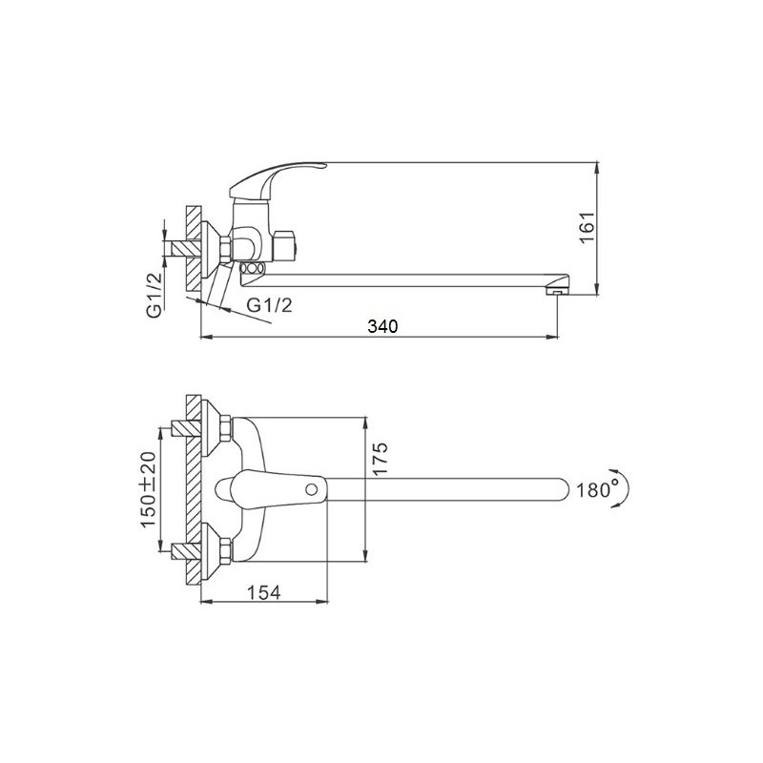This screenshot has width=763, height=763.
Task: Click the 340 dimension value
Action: (382, 326)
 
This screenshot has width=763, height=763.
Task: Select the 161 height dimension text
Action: (588, 227)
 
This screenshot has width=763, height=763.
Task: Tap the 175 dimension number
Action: (380, 460)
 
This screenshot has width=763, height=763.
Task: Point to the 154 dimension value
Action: (264, 592)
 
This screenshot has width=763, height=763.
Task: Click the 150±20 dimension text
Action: (149, 489)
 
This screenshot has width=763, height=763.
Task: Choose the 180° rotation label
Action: (593, 489)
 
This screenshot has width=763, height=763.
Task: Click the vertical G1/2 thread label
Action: (155, 296)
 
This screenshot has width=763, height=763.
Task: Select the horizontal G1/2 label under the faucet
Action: (270, 305)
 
